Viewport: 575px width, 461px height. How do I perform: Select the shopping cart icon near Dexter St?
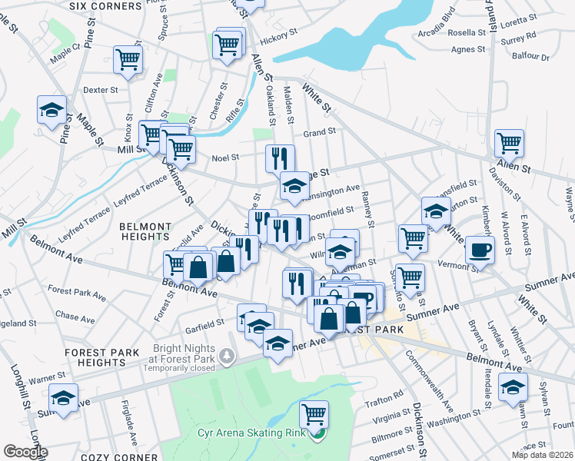coord(128,59)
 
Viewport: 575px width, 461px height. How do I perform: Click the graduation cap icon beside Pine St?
coord(52,109)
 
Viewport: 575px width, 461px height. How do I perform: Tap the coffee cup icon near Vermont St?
coord(480,250)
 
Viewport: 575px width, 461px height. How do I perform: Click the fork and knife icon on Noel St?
coord(280,158)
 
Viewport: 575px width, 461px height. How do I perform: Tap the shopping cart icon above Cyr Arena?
coord(314,414)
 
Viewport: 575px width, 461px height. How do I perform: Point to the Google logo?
coord(25,452)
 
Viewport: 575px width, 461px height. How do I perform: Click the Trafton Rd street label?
coord(387,396)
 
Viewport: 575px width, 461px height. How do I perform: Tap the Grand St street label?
coord(319,132)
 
